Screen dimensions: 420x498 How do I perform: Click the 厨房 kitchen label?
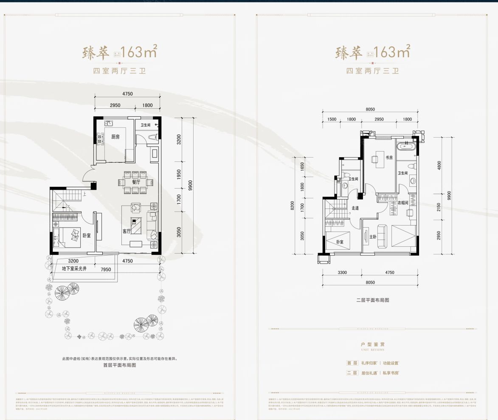click(115, 137)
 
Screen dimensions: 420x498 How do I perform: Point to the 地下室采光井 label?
click(75, 269)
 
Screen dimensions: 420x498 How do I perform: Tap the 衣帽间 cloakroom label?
click(403, 203)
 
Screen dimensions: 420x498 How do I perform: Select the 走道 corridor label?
click(355, 208)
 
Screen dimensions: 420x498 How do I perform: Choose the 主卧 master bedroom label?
click(373, 237)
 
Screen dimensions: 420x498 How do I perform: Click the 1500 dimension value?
click(332, 120)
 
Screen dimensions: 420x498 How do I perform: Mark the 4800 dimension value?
click(439, 164)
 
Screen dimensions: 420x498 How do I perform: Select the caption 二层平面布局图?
click(373, 300)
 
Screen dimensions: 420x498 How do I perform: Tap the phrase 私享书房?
click(389, 373)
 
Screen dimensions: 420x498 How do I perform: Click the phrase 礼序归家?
click(369, 363)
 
